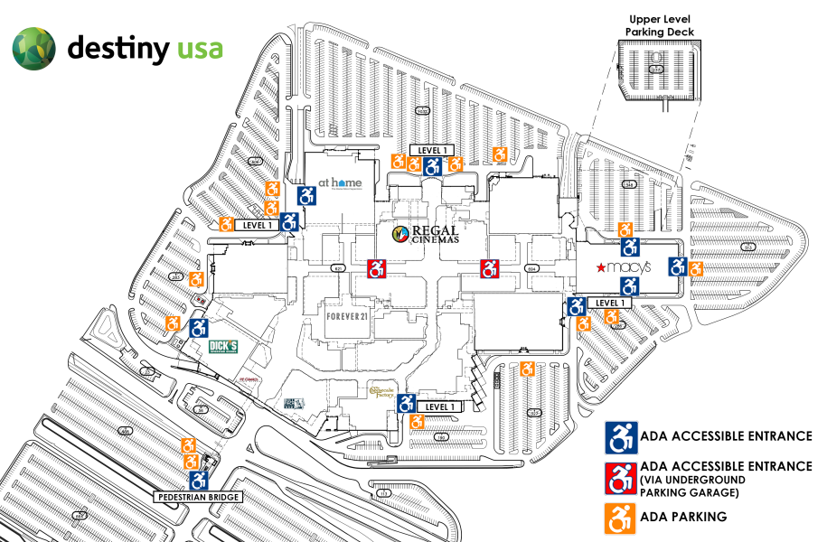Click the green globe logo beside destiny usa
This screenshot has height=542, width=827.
point(33,48)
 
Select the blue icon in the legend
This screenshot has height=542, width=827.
point(620,437)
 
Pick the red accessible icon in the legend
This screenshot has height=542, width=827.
point(620,477)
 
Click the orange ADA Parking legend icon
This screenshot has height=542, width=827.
point(620,517)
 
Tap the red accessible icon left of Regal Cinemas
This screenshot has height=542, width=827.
point(378,268)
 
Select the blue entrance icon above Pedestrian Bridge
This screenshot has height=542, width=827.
point(199,480)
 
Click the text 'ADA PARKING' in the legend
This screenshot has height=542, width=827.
point(682,517)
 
